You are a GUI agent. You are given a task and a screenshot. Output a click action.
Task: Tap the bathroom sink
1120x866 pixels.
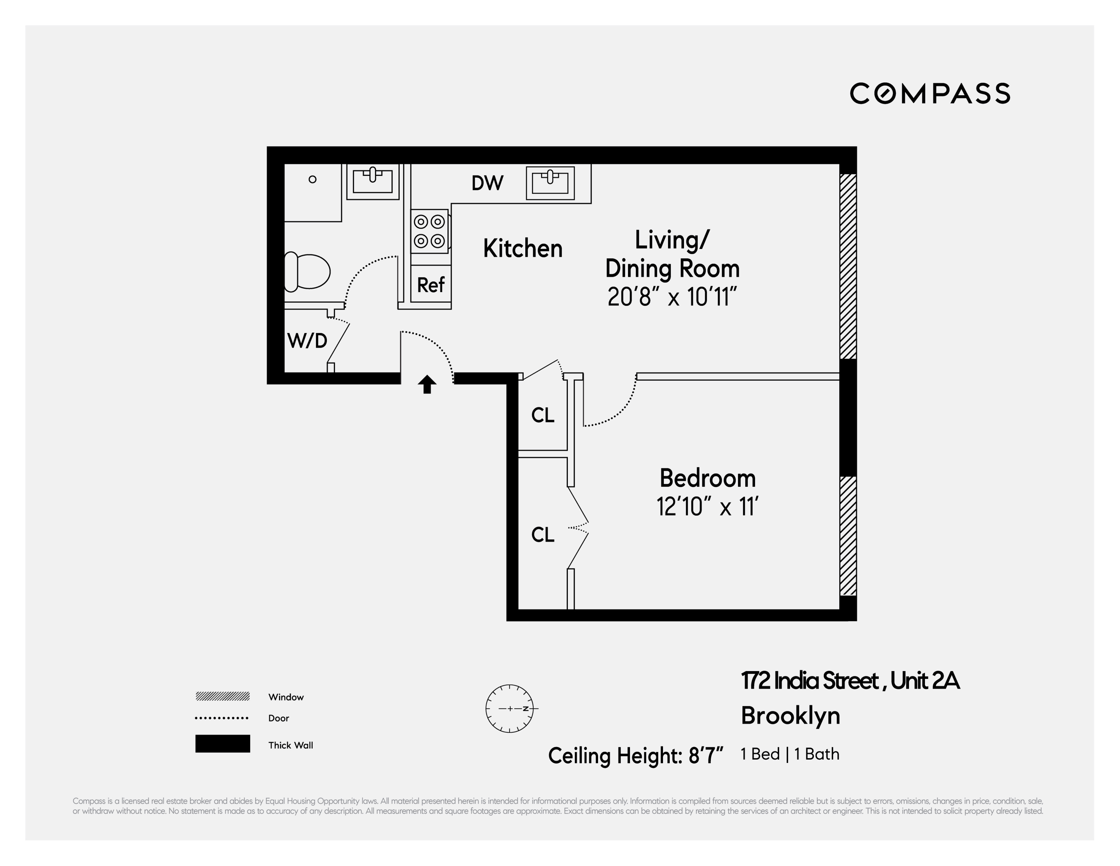[x=373, y=181]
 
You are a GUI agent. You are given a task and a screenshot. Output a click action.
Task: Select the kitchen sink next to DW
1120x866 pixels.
[x=550, y=183]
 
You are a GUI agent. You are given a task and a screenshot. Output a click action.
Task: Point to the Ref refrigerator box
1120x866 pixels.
[x=431, y=285]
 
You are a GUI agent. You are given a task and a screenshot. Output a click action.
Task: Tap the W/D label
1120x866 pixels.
[x=307, y=341]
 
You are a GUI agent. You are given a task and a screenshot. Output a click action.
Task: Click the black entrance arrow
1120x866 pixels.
[x=427, y=384]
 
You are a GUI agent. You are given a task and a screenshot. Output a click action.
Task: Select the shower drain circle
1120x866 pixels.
[x=312, y=179]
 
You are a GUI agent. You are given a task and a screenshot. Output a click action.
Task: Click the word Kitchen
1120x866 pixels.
[x=523, y=249]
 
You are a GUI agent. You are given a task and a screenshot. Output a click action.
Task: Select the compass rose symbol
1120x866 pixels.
[x=510, y=709]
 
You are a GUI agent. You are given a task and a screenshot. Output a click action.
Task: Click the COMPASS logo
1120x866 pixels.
[x=930, y=94]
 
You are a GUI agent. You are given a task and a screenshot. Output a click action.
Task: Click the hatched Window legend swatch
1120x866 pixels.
[x=223, y=696]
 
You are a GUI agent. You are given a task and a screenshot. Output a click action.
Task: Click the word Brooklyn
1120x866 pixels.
[x=790, y=716]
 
